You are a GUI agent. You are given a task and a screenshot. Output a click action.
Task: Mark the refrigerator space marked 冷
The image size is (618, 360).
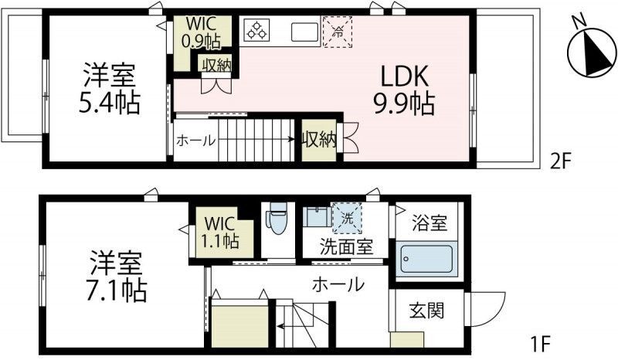[336, 32]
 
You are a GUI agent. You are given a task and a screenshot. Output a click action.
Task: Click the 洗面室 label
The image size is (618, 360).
[347, 248]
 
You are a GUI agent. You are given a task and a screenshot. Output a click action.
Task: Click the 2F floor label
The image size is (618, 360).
[560, 161]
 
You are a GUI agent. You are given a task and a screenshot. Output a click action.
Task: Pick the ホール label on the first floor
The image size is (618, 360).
[338, 284]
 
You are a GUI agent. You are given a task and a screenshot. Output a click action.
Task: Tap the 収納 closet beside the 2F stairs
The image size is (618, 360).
[318, 140]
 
